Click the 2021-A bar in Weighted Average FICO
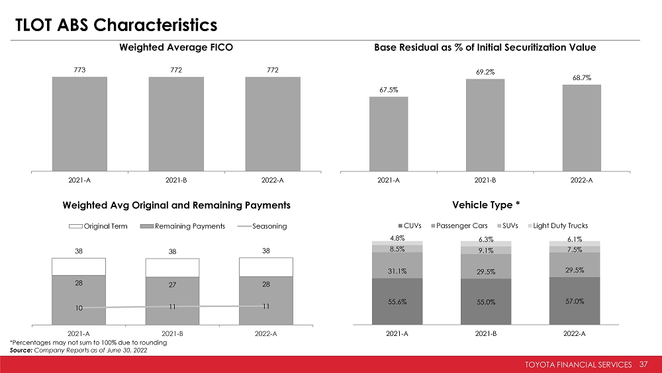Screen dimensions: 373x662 79,124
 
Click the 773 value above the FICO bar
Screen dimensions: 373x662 79,69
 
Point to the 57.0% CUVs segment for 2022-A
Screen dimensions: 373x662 574,301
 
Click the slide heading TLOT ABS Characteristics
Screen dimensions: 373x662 117,24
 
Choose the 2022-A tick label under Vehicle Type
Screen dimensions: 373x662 574,334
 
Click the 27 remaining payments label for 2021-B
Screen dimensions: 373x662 173,287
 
